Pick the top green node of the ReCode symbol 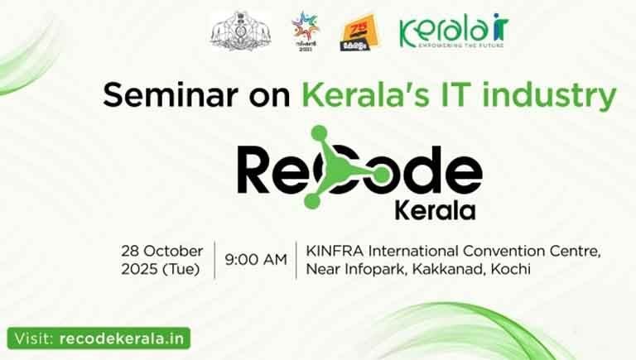point(319,133)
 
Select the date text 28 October point(161,251)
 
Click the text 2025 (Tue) point(161,268)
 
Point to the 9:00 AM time point(256,259)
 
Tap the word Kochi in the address point(508,268)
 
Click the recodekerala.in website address point(123,338)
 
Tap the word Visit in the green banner point(34,338)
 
